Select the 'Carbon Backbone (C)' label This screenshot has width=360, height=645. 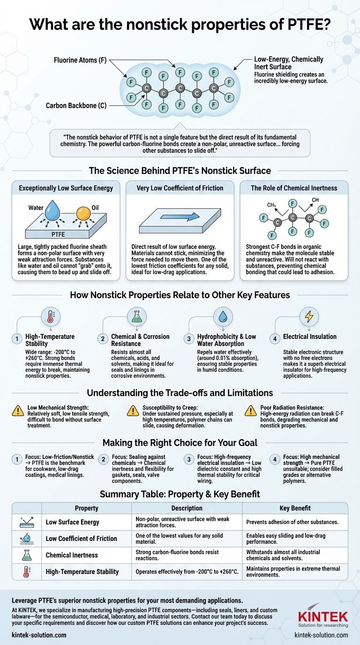76,106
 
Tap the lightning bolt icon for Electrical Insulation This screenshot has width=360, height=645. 309,317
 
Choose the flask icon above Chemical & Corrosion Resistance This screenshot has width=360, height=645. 136,317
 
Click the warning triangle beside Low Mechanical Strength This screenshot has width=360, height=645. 18,411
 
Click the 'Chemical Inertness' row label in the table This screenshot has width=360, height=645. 72,555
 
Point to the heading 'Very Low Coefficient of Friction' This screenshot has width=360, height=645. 180,188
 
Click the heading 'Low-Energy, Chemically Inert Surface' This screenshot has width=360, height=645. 288,63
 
